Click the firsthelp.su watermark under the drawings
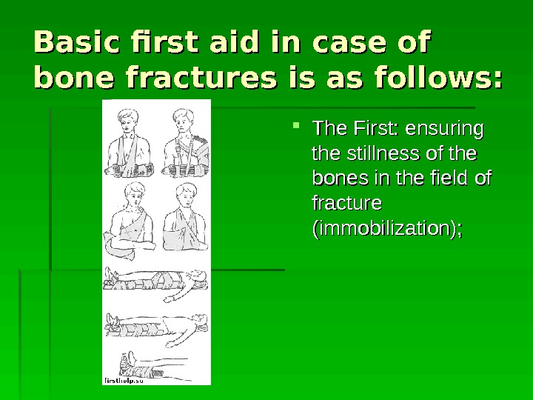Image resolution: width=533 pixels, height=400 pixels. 123,379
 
